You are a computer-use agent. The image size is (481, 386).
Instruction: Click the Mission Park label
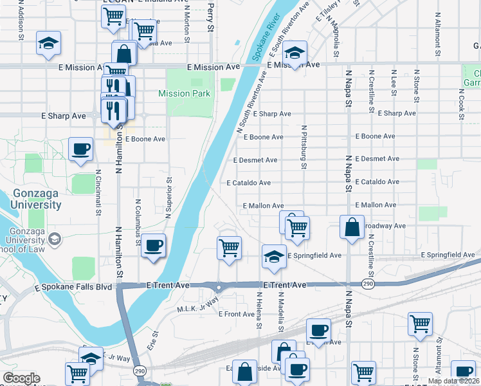pyautogui.click(x=185, y=93)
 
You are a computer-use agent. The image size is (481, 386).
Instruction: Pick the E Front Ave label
pyautogui.click(x=237, y=314)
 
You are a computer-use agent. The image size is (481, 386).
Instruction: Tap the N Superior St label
pyautogui.click(x=168, y=198)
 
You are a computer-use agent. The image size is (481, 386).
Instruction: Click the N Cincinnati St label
pyautogui.click(x=98, y=192)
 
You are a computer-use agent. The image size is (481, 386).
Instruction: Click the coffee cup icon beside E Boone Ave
pyautogui.click(x=80, y=149)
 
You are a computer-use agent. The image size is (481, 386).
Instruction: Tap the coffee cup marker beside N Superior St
pyautogui.click(x=153, y=245)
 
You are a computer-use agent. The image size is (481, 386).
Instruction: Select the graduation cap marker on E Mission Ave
pyautogui.click(x=295, y=52)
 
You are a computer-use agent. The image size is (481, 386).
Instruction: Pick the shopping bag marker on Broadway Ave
pyautogui.click(x=352, y=227)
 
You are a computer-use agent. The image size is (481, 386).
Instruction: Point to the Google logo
pyautogui.click(x=21, y=378)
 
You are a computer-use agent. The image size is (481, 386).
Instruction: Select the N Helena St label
pyautogui.click(x=259, y=310)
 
